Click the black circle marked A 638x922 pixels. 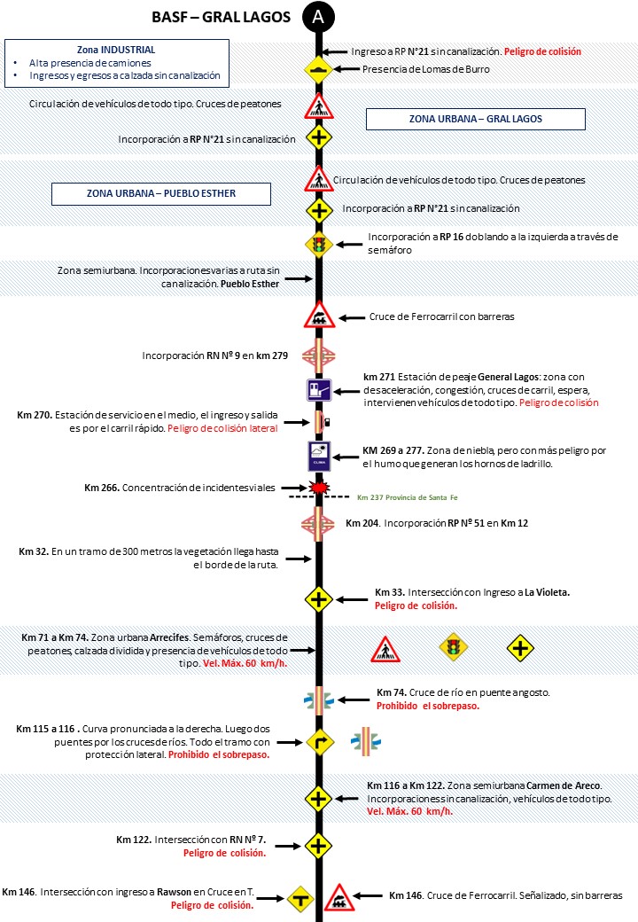click(x=318, y=16)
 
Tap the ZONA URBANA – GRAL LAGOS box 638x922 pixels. click(x=475, y=119)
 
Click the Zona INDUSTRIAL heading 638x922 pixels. click(x=116, y=50)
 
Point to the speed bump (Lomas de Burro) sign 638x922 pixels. click(x=318, y=69)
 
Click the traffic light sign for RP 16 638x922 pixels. click(x=318, y=244)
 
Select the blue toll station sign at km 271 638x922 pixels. click(x=318, y=390)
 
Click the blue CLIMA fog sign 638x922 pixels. click(x=318, y=456)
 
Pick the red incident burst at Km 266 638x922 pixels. click(x=317, y=488)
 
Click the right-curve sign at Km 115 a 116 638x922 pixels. click(x=318, y=740)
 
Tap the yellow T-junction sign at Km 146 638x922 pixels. click(x=300, y=898)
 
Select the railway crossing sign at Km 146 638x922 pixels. click(x=338, y=898)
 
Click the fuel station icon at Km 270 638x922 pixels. click(x=318, y=421)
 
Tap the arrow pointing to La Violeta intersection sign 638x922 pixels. click(x=353, y=599)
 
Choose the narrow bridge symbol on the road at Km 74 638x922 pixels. click(x=318, y=699)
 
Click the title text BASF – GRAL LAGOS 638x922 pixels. click(x=222, y=16)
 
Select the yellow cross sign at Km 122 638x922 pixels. click(x=318, y=845)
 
